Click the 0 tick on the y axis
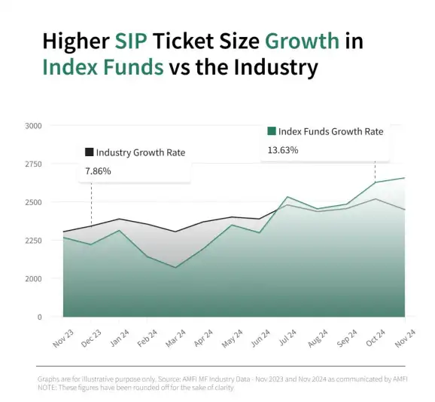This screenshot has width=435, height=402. pos(38,318)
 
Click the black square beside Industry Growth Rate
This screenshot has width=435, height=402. pos(90,152)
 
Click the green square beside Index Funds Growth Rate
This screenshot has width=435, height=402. pos(272,131)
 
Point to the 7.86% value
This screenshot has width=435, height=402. pos(98,171)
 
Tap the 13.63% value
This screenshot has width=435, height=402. pos(283,150)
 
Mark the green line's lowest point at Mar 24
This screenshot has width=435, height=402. pos(176,267)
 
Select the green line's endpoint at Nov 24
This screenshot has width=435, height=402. pos(405,178)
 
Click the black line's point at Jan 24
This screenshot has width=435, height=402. pos(119,219)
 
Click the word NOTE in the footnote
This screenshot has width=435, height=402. pos(47,388)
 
